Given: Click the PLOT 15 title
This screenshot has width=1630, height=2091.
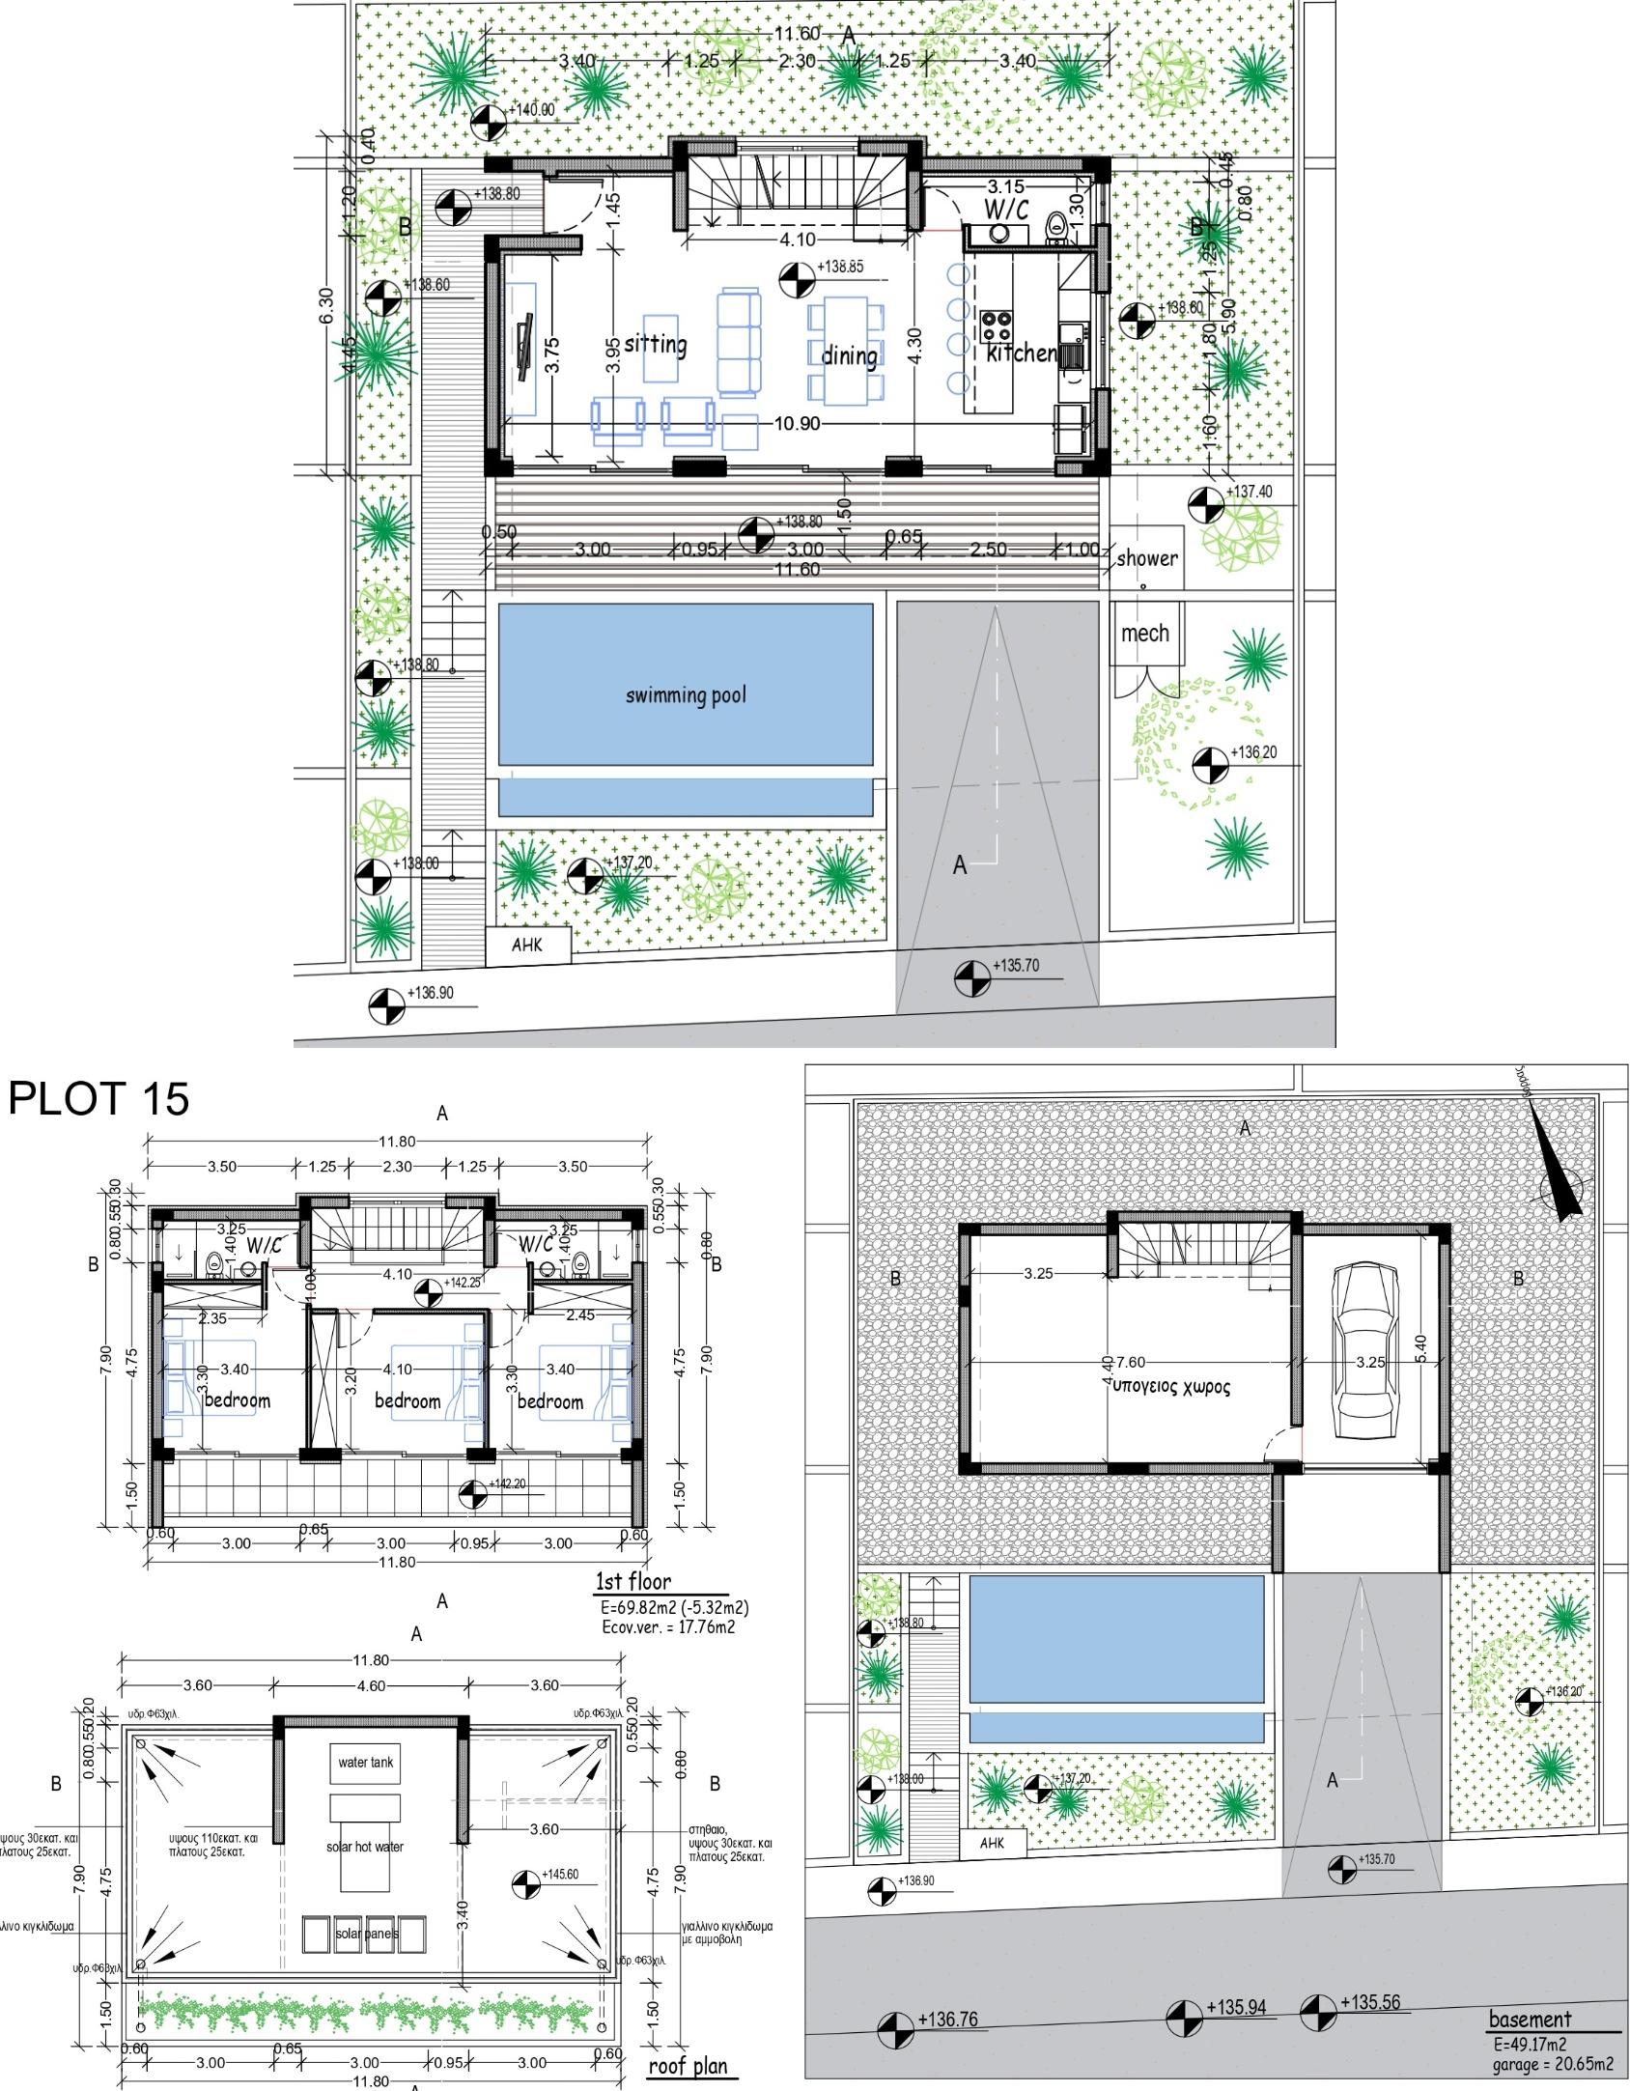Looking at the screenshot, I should [x=99, y=1099].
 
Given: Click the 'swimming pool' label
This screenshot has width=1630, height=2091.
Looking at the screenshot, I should [x=686, y=695].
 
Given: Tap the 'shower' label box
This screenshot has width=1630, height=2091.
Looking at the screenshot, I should [x=1146, y=558].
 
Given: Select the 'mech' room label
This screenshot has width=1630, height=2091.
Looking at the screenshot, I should [x=1145, y=634].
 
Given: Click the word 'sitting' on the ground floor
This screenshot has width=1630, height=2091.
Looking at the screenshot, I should [x=656, y=344].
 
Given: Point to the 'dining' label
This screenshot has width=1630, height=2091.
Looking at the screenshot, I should [x=849, y=356].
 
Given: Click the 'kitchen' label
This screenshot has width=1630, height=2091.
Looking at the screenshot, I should [x=1021, y=353].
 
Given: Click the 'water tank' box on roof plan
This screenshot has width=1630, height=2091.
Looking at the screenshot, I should [x=365, y=1763].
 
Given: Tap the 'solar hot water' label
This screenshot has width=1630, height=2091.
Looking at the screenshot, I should [x=365, y=1847].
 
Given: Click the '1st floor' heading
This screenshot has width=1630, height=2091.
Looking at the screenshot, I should [x=632, y=1581].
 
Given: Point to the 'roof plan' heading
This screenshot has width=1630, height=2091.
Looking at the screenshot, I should [x=687, y=2066].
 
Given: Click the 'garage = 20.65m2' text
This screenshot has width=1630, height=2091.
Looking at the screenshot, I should [x=1552, y=2064].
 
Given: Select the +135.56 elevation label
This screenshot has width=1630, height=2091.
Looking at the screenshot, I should [x=1369, y=2002].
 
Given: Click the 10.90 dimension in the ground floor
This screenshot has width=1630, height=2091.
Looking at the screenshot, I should [x=797, y=423].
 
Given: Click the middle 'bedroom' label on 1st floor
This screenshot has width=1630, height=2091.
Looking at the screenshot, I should [x=407, y=1401].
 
